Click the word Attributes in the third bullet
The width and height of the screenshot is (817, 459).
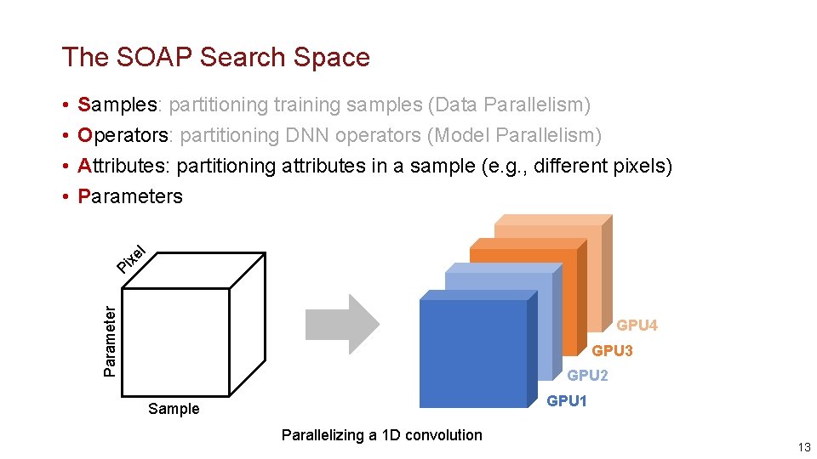(x=123, y=166)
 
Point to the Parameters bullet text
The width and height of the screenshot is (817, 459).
(x=129, y=196)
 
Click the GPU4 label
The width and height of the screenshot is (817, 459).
(x=637, y=326)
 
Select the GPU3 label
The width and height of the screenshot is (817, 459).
(x=612, y=350)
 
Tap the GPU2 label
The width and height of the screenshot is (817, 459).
(x=587, y=375)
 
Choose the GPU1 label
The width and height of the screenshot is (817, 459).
(x=567, y=400)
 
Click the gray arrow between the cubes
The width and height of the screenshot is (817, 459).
(x=340, y=324)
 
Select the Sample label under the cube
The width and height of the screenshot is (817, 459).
(x=174, y=409)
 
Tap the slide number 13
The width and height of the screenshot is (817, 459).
(x=803, y=448)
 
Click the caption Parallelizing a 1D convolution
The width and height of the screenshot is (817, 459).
(x=381, y=435)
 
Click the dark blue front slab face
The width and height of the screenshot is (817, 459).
(x=472, y=353)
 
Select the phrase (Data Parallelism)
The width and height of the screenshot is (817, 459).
(x=509, y=105)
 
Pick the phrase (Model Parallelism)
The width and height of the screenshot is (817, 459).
(x=515, y=135)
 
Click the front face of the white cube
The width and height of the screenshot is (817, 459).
(x=176, y=342)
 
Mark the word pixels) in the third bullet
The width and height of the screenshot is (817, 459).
(x=643, y=166)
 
